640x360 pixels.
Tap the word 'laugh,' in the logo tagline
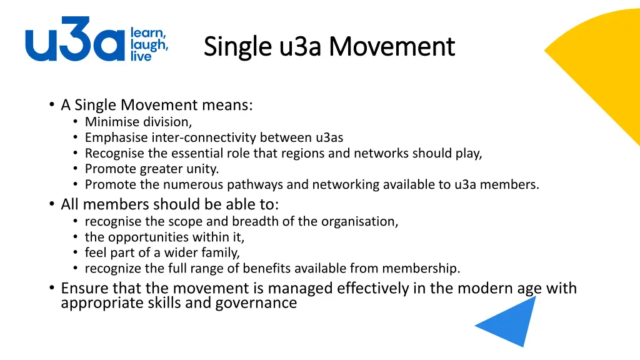click(x=149, y=44)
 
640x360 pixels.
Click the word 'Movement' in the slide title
click(x=392, y=46)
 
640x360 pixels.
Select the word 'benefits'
click(x=269, y=268)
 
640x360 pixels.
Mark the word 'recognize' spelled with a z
click(x=114, y=269)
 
